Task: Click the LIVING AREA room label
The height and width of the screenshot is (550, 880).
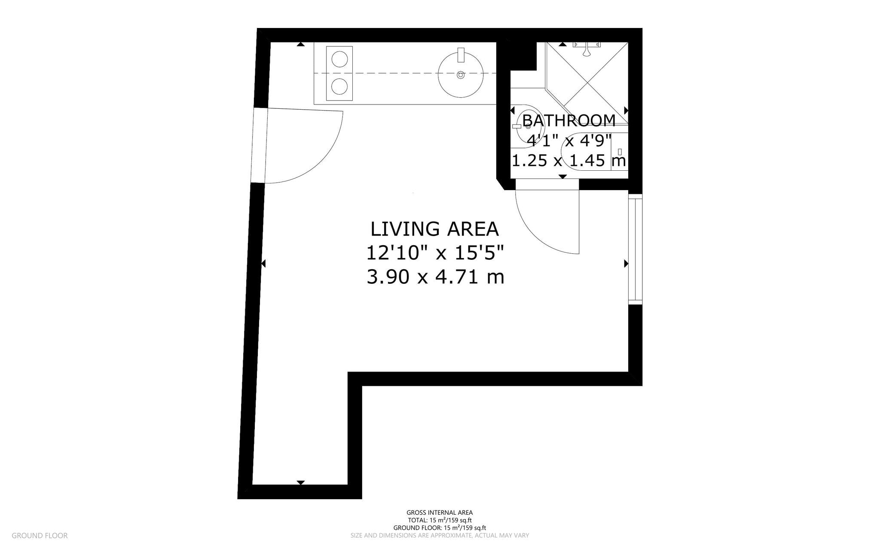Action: pos(434,229)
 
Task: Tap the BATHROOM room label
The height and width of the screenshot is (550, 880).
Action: pos(569,120)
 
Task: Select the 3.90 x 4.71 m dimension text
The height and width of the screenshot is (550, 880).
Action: pos(435,277)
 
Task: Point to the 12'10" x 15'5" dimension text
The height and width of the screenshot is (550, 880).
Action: pos(434,253)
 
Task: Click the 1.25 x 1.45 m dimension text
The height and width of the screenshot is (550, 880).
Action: pos(568,161)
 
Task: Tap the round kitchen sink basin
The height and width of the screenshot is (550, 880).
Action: pos(461,75)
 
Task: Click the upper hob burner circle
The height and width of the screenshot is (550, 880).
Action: pos(339,59)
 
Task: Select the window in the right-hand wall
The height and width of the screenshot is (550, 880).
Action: pos(635,249)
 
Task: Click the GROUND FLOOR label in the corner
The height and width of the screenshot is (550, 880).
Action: pos(40,536)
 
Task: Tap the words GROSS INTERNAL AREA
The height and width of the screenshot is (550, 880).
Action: pos(440,513)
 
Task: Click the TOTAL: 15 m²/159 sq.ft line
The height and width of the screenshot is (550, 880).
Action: pos(440,520)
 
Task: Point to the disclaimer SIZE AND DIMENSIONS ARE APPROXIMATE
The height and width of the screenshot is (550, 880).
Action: pos(440,536)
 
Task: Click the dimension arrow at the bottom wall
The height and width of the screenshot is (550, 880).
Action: pos(301,482)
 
